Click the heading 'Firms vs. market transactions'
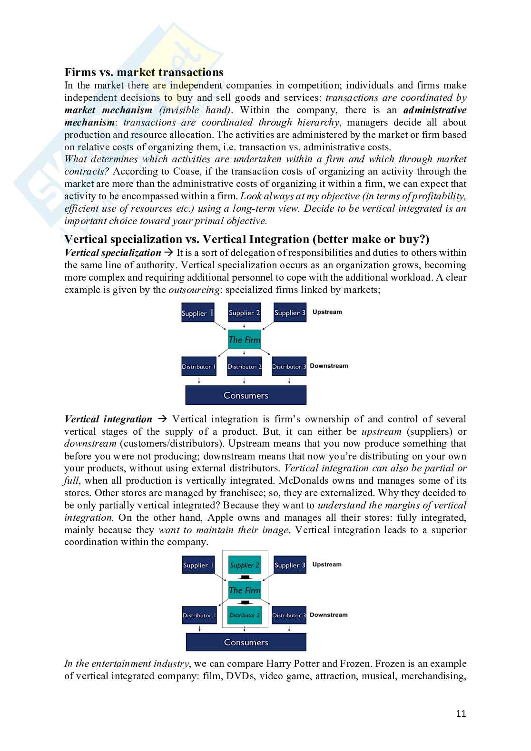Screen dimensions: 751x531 (x=144, y=72)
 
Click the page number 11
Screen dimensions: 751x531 (x=461, y=713)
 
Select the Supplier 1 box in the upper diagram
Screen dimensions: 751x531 (x=197, y=312)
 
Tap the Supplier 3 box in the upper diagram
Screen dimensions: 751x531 (x=290, y=312)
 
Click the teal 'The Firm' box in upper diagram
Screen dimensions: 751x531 (x=245, y=340)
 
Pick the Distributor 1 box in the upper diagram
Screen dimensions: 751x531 (x=199, y=367)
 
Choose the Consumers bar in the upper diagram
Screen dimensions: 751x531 (x=246, y=395)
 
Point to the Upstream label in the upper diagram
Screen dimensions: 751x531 (x=327, y=312)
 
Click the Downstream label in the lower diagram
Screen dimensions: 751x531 (x=329, y=614)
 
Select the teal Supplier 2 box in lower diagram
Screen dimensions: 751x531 (x=245, y=565)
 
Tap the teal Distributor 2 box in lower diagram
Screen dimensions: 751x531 (x=245, y=615)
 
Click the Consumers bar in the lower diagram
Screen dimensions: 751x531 (x=246, y=642)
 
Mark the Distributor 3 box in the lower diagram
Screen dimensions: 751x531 (x=289, y=615)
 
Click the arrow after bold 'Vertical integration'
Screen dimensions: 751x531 (x=162, y=419)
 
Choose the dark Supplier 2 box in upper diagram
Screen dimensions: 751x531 (x=245, y=312)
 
